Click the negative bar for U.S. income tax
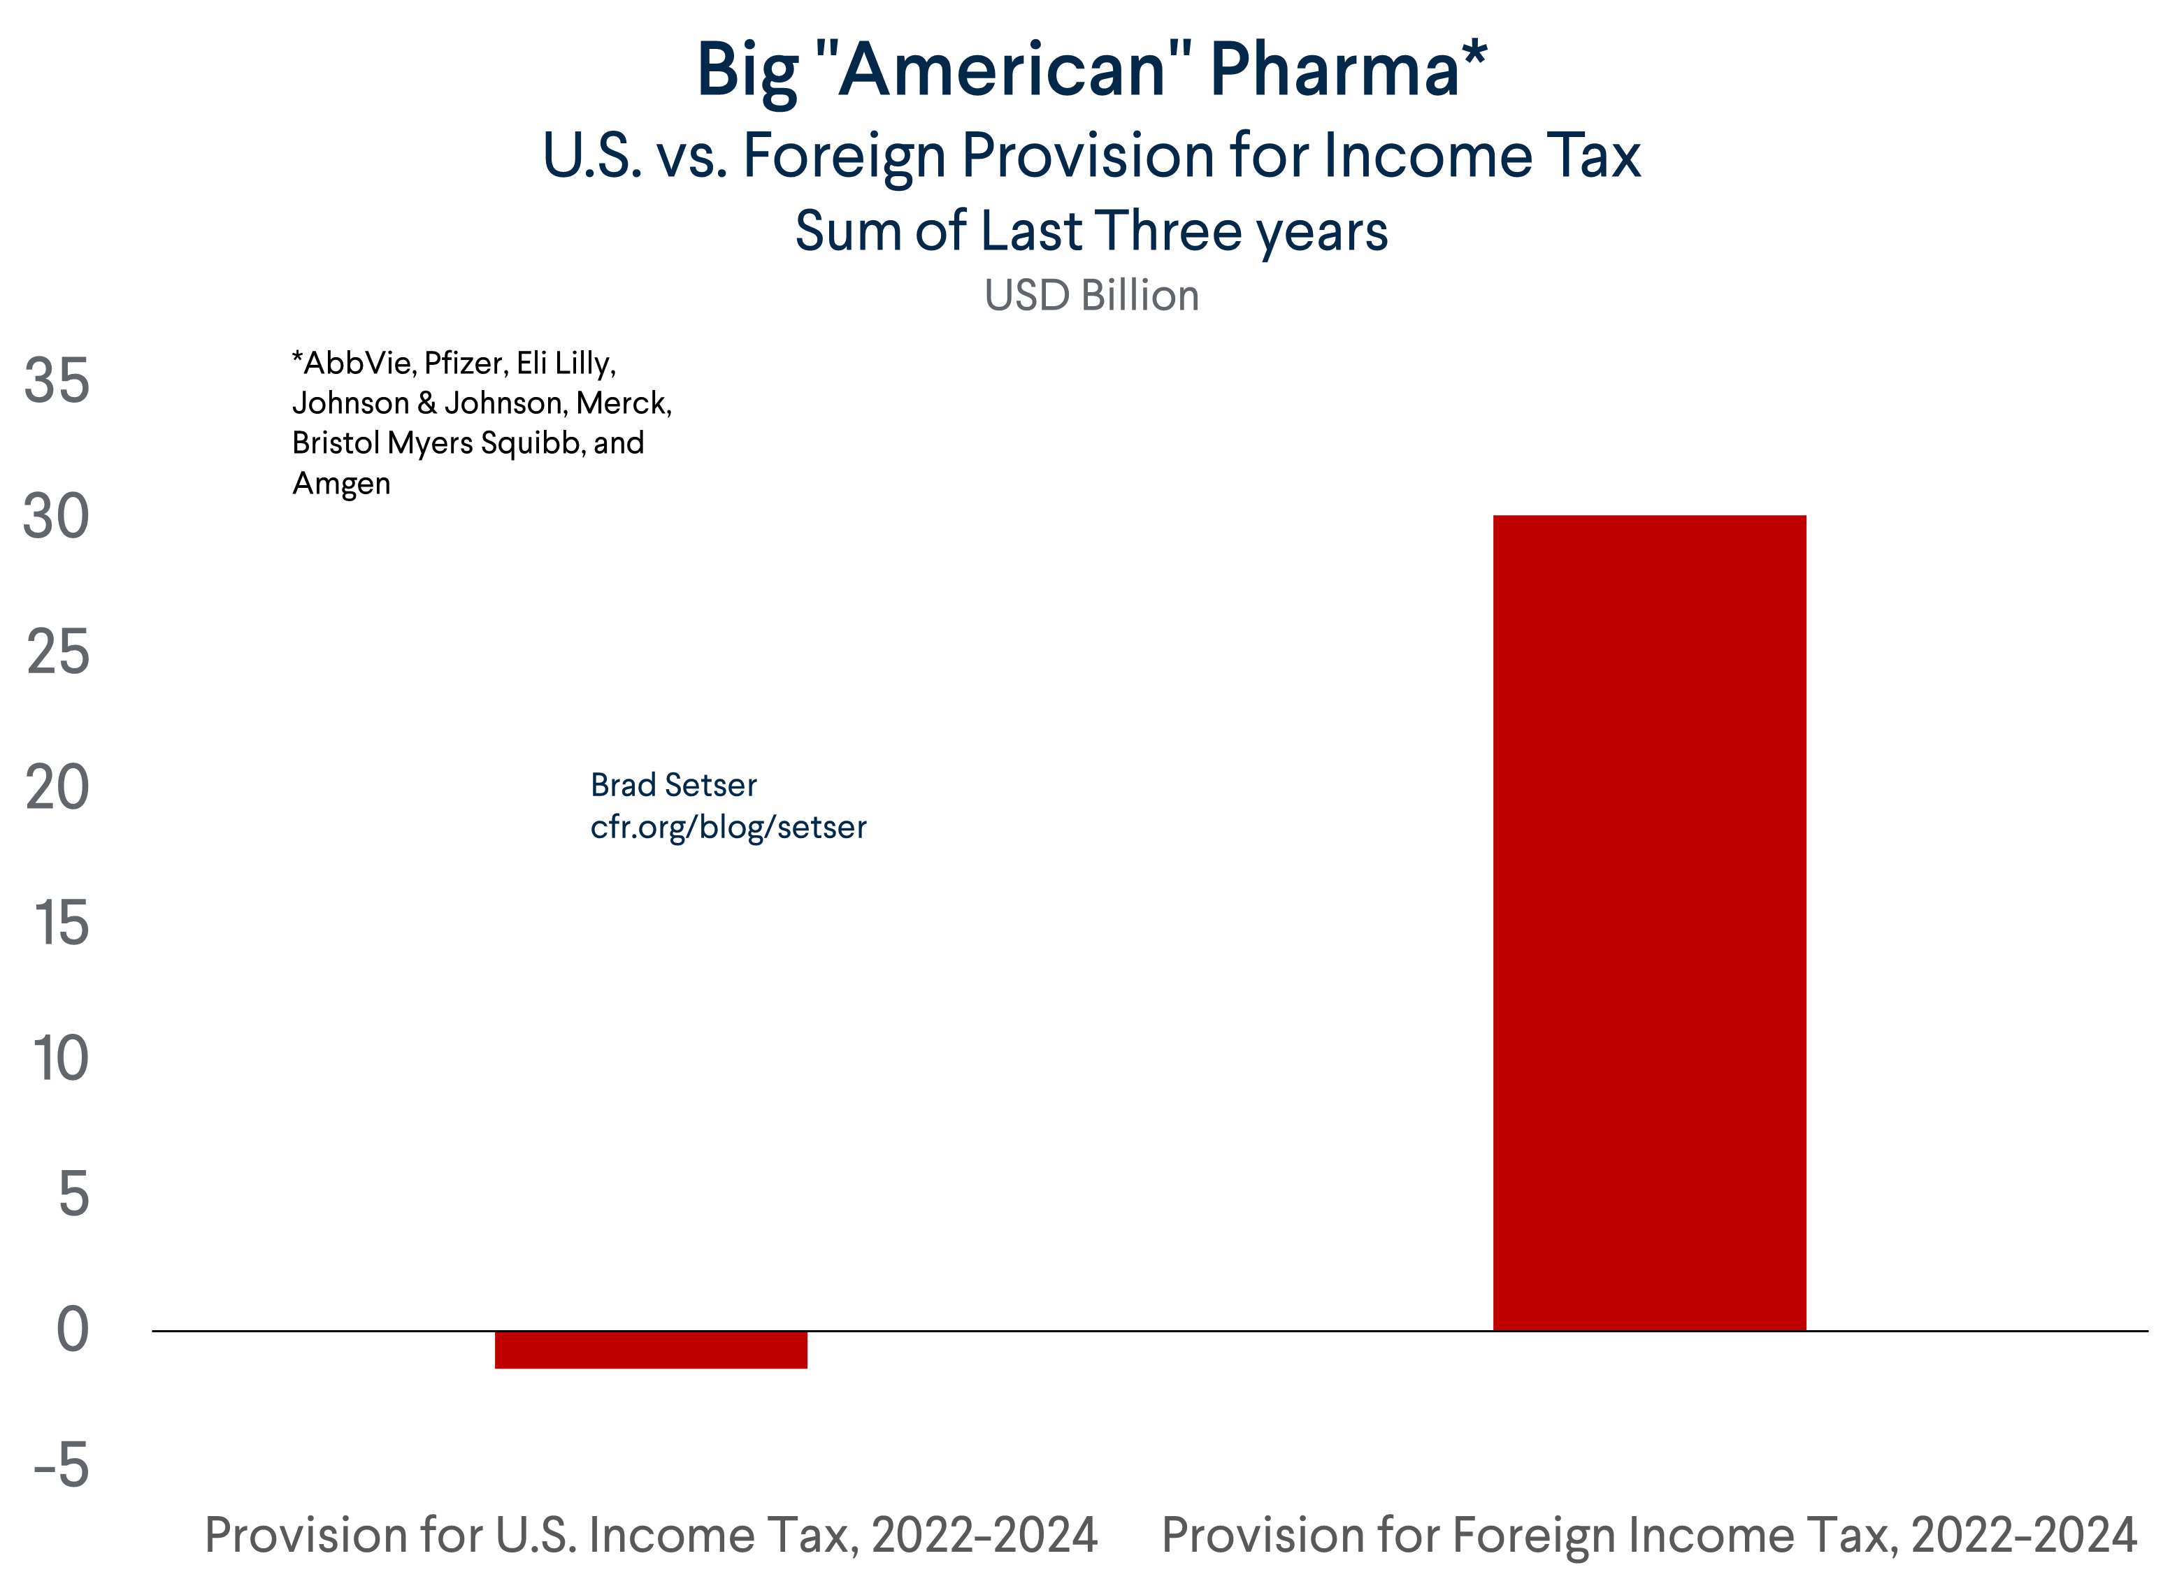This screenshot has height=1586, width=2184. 651,1349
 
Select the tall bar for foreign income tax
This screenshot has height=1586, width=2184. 1648,923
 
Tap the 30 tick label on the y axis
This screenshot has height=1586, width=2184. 57,517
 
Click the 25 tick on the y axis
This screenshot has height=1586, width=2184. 58,653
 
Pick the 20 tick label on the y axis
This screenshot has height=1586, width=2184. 58,788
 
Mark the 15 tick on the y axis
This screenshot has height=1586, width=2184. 62,923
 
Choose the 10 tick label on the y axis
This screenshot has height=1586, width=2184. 61,1059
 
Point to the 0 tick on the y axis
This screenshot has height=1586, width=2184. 73,1331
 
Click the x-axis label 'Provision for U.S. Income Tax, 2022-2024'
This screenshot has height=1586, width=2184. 651,1535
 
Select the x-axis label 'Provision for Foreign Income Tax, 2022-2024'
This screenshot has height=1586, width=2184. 1648,1535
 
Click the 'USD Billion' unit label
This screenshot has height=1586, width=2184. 1091,296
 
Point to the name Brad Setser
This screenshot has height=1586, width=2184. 673,785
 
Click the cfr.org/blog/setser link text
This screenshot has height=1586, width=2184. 728,827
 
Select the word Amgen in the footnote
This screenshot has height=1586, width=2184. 341,484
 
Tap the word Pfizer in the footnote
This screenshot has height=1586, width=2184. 464,363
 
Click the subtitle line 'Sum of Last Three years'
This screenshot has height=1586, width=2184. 1091,231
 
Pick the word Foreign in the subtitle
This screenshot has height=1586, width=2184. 844,156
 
